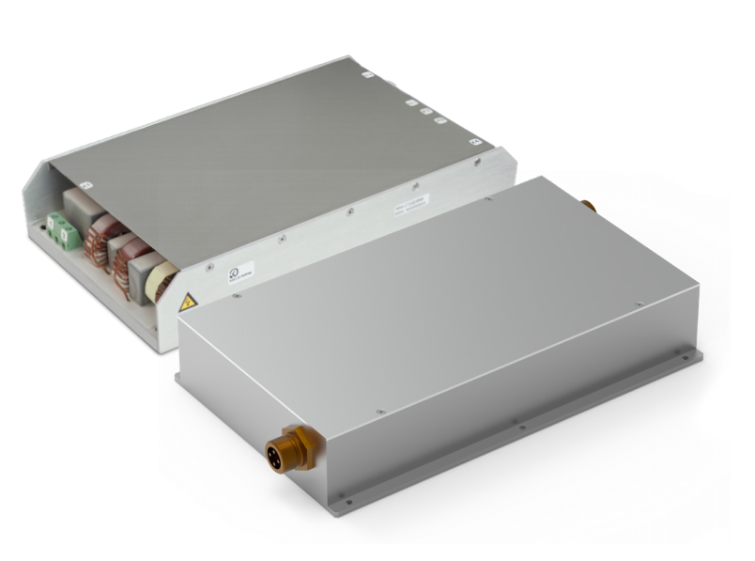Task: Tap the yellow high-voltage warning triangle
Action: click(x=188, y=301)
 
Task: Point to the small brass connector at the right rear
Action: click(x=589, y=204)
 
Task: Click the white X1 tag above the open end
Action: click(x=85, y=186)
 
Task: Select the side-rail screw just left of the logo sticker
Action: click(x=210, y=266)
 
